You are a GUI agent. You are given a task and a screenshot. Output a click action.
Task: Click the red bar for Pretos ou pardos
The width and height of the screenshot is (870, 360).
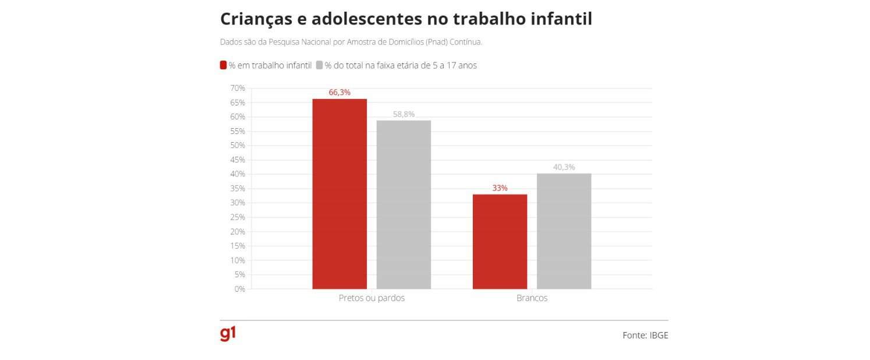click(x=339, y=194)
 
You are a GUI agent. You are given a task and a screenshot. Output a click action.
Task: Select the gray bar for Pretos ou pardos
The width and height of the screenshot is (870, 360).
click(x=404, y=204)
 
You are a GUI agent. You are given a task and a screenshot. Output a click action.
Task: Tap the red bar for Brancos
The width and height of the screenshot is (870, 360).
click(x=500, y=241)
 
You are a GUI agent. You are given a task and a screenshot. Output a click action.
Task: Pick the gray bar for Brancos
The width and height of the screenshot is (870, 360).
click(x=564, y=231)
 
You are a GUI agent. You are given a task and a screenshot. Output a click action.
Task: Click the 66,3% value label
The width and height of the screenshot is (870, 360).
click(x=339, y=93)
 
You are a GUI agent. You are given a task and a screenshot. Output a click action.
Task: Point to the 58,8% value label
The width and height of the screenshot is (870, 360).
click(x=404, y=114)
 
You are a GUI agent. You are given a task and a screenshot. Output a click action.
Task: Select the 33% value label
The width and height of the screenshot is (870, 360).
click(x=500, y=188)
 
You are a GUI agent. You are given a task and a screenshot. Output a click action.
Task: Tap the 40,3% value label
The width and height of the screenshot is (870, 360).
click(x=564, y=167)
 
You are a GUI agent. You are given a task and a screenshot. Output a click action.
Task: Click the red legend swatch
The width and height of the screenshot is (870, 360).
click(x=223, y=65)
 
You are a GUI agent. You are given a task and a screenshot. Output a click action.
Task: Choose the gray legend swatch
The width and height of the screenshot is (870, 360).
click(x=319, y=65)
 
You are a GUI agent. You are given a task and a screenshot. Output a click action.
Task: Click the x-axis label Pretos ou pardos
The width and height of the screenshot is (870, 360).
click(x=372, y=298)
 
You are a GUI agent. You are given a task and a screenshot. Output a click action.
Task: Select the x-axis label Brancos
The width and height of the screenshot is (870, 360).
click(x=532, y=298)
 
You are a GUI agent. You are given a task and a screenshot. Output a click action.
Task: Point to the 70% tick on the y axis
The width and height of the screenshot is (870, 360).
click(x=238, y=88)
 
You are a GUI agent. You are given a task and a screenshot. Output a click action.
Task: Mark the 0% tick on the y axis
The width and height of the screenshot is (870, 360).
click(x=239, y=289)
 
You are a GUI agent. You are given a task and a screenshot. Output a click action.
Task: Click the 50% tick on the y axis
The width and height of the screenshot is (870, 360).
click(x=238, y=146)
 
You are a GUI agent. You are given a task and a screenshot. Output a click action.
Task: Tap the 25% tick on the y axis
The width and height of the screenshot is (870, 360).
click(x=238, y=217)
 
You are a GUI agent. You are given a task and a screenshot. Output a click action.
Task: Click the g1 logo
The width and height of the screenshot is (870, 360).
click(x=228, y=334)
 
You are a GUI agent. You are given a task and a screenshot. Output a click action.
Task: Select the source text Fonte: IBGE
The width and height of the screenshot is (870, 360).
click(x=645, y=336)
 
